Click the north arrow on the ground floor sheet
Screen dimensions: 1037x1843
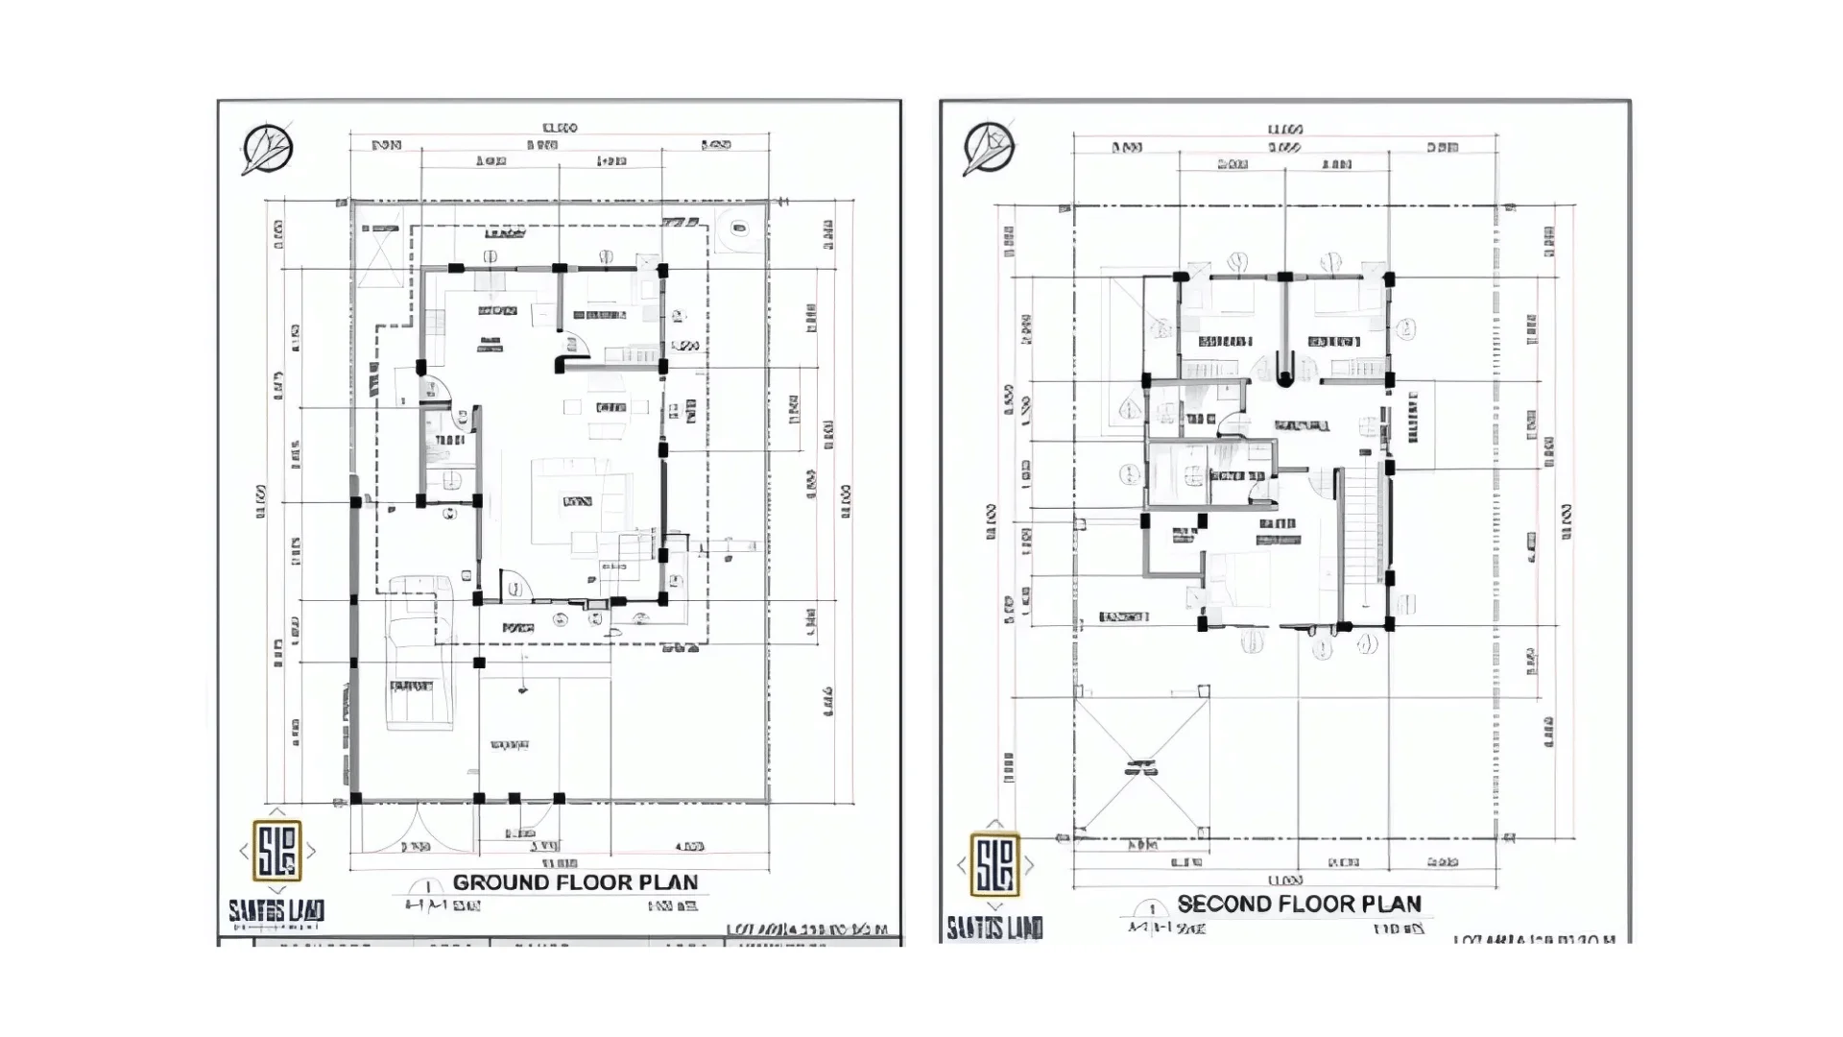(x=267, y=150)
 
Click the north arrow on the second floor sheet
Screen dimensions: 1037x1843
(x=989, y=148)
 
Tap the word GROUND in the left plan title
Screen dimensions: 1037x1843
(x=501, y=882)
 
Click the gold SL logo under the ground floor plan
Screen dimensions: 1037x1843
(x=276, y=850)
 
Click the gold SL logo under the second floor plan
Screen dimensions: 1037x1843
(x=994, y=864)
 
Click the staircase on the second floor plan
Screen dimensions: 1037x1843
(x=1360, y=538)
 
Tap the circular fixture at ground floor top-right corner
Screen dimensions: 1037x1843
(x=737, y=228)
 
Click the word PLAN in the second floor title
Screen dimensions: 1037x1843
(x=1388, y=904)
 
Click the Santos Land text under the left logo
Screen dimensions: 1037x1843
(x=276, y=910)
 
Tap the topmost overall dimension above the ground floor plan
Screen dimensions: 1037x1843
(x=559, y=128)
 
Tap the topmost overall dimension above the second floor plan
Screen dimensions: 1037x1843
(x=1284, y=130)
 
